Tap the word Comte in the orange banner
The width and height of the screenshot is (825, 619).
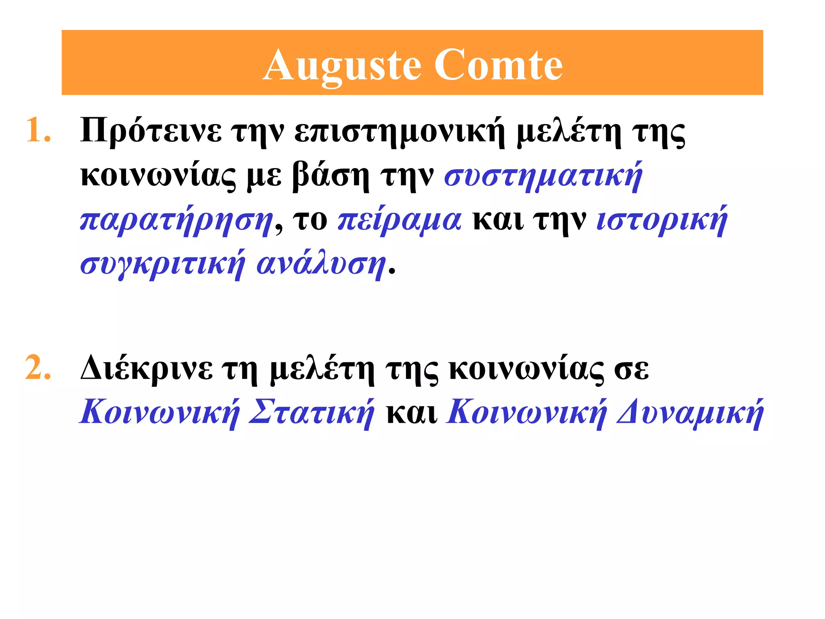pyautogui.click(x=498, y=64)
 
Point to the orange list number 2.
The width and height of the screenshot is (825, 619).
pyautogui.click(x=38, y=368)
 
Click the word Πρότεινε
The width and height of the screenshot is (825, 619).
pyautogui.click(x=151, y=131)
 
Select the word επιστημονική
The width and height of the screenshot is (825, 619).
pyautogui.click(x=399, y=131)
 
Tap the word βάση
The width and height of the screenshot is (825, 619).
pyautogui.click(x=330, y=176)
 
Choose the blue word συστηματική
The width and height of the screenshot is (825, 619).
pyautogui.click(x=543, y=176)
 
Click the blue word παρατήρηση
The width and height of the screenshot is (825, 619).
pyautogui.click(x=176, y=220)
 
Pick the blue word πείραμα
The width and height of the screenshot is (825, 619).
pyautogui.click(x=399, y=220)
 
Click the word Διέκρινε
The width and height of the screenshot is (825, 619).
pyautogui.click(x=146, y=368)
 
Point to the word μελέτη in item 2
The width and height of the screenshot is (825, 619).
pyautogui.click(x=322, y=368)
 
